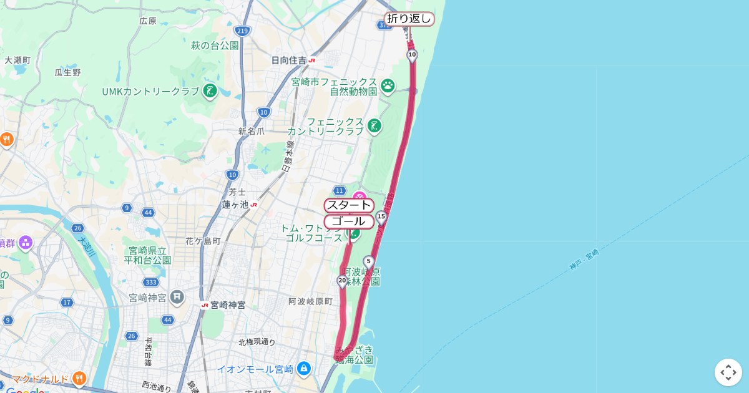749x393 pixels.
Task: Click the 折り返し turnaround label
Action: coord(409,19)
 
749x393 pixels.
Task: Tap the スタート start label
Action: coord(349,205)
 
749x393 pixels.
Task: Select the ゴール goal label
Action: coord(348,221)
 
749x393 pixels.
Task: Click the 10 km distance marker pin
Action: coord(412,55)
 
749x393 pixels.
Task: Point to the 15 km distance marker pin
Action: coord(381,216)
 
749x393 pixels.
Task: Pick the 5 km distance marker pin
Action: coord(369,261)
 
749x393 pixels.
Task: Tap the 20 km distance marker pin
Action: coord(342,281)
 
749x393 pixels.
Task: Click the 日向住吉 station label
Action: coord(289,61)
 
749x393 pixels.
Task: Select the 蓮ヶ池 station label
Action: coord(235,205)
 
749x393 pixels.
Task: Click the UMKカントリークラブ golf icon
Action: coord(210,91)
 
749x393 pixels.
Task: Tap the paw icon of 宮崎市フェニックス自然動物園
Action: coord(388,85)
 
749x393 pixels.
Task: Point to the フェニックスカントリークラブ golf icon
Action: coord(374,126)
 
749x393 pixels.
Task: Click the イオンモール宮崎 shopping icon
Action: coord(304,369)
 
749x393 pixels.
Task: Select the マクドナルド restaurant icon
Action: coord(79,378)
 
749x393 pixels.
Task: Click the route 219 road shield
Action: coord(243,31)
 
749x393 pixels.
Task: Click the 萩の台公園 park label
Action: coord(215,46)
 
